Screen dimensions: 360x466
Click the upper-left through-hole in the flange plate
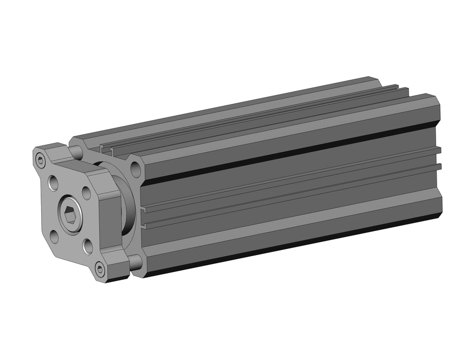(x=53, y=182)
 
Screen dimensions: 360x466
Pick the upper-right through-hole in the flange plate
(x=86, y=193)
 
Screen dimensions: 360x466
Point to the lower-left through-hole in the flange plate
(x=54, y=236)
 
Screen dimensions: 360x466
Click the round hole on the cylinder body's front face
(x=136, y=168)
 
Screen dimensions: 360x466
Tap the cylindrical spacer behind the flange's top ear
(x=76, y=152)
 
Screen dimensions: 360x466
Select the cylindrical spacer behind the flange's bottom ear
(x=135, y=262)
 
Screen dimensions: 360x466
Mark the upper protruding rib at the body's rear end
(x=438, y=151)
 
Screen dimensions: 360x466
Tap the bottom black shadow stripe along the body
(x=288, y=246)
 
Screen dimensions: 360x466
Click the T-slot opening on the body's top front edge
(x=106, y=150)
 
